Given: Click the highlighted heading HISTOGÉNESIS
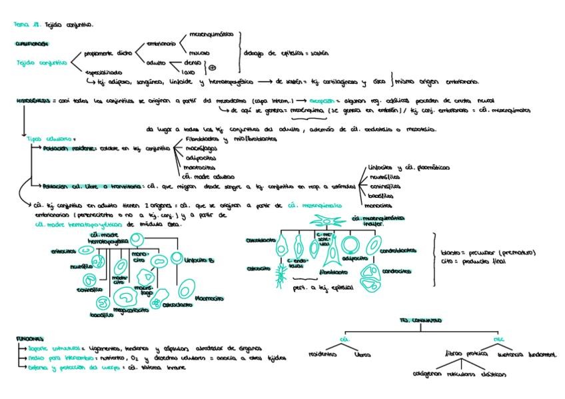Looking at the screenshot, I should click(x=31, y=99).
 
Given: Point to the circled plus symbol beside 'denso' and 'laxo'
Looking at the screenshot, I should click(x=213, y=67).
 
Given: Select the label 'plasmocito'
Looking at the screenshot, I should click(x=208, y=299).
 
